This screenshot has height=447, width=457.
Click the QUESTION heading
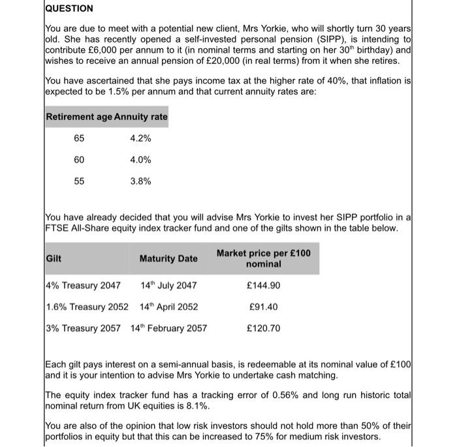tap(69, 8)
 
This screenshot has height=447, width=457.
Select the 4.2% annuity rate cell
tap(140, 138)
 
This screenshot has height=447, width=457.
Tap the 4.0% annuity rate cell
tap(140, 159)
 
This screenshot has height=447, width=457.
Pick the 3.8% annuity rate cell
tap(140, 181)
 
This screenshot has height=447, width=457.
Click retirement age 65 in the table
tap(78, 138)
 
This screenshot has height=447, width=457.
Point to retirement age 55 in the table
tap(78, 181)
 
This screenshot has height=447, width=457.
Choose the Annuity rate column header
tap(141, 117)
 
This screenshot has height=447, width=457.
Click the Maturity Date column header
tap(168, 258)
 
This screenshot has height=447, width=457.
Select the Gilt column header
tap(54, 258)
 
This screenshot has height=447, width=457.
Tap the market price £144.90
tap(264, 285)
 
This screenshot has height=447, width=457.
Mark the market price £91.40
tap(264, 307)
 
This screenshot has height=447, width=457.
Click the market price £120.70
tap(264, 328)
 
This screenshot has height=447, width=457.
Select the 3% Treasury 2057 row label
tap(83, 328)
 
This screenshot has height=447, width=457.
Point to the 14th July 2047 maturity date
tap(168, 285)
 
